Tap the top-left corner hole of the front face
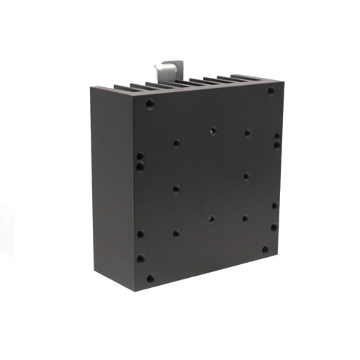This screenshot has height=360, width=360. point(150,104)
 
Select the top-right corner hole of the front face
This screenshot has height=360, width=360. point(271,91)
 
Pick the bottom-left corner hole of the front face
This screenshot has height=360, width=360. point(150,279)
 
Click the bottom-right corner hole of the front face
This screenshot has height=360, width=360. point(265,250)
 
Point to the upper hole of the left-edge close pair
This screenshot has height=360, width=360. point(140,156)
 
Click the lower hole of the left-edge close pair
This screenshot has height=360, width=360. point(140,167)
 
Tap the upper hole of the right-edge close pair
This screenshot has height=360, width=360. point(277,135)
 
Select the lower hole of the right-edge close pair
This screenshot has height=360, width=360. point(277,145)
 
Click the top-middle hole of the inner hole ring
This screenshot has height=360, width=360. point(213,131)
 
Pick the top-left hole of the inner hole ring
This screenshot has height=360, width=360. point(176,143)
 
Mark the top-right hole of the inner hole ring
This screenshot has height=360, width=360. point(247,132)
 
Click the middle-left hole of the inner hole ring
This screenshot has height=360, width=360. point(176,189)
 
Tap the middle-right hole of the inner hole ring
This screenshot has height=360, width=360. point(246,176)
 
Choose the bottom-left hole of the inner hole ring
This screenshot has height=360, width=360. point(176,233)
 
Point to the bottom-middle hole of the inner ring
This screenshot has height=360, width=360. point(212,218)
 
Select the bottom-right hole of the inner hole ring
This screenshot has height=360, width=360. point(245,218)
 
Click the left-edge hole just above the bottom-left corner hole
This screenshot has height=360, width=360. point(140,258)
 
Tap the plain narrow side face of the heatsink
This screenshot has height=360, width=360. point(112,187)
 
